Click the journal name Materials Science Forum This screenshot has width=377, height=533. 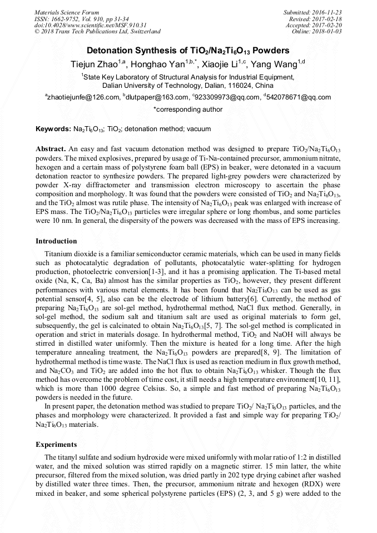pyautogui.click(x=67, y=12)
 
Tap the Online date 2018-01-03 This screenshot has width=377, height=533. pyautogui.click(x=328, y=31)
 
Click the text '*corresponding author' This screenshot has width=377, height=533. pyautogui.click(x=188, y=109)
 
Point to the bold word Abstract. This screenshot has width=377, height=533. pyautogui.click(x=51, y=150)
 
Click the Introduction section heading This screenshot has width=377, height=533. pyautogui.click(x=56, y=241)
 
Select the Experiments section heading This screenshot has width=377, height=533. pyautogui.click(x=56, y=445)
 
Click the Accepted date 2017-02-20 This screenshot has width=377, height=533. pyautogui.click(x=328, y=25)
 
